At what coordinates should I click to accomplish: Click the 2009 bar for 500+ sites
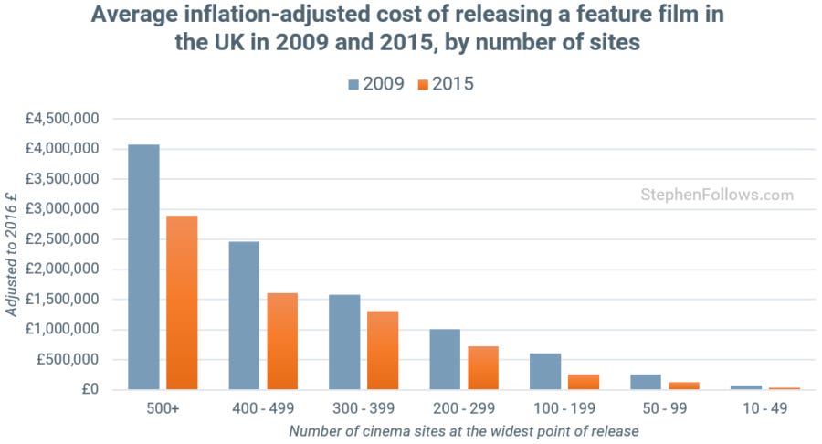tap(143, 267)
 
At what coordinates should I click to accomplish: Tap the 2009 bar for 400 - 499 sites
tap(244, 315)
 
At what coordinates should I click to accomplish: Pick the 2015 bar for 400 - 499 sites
tap(282, 342)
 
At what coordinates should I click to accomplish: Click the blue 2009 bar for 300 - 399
tap(344, 342)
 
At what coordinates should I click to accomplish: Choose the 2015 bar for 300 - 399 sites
tap(383, 351)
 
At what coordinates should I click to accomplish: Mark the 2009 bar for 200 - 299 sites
tap(445, 359)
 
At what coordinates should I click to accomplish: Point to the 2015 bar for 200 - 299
tap(483, 368)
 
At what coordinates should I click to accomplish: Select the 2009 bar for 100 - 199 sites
tap(545, 372)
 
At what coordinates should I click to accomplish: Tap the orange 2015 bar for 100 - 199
tap(584, 382)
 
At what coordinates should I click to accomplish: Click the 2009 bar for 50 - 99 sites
tap(646, 382)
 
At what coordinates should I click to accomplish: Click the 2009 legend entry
tap(375, 84)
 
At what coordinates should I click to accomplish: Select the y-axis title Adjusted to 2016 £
tap(12, 256)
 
